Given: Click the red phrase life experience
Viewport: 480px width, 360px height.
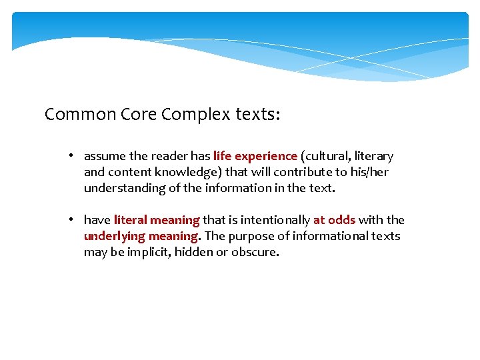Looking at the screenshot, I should click(255, 156).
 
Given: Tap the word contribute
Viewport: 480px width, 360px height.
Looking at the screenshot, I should click(299, 172).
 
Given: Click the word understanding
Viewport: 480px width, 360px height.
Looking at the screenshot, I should click(123, 188).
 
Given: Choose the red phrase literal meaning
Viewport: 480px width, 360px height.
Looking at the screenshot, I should click(157, 220).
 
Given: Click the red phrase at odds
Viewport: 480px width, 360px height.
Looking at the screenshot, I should click(334, 220).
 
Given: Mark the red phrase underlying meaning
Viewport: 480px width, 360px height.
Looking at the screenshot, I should click(141, 236).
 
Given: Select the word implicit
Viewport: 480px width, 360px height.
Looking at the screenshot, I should click(148, 252).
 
